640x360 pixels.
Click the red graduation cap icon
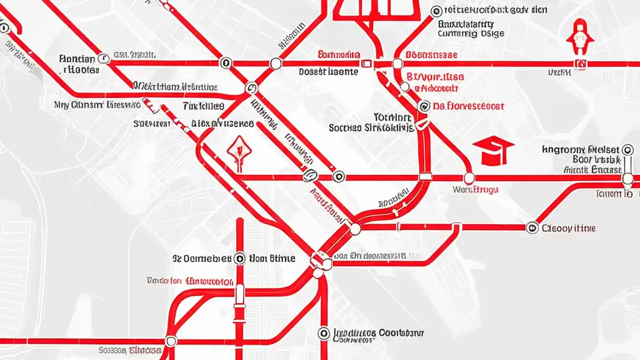tap(493, 151)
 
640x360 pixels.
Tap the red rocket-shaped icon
tap(580, 37)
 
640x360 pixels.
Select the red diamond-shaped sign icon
tap(238, 150)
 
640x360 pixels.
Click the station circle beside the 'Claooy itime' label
tap(532, 228)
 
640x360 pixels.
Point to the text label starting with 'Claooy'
tap(568, 228)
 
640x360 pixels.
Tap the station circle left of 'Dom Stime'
tap(239, 258)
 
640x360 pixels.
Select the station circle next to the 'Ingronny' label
tap(627, 149)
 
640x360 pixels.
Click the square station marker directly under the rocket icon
tap(580, 63)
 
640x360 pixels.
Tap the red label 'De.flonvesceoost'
tap(468, 106)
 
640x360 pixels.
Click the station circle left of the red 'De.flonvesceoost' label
tap(423, 106)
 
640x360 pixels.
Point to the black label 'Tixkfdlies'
tap(203, 106)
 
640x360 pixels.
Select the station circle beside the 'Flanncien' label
tap(103, 58)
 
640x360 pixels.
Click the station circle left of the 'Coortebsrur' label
tap(323, 333)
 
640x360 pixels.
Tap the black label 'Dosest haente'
tap(328, 72)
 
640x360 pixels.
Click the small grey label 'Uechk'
tap(559, 72)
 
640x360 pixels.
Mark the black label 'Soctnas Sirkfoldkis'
tap(371, 128)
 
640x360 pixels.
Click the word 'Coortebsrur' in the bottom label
tap(401, 332)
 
